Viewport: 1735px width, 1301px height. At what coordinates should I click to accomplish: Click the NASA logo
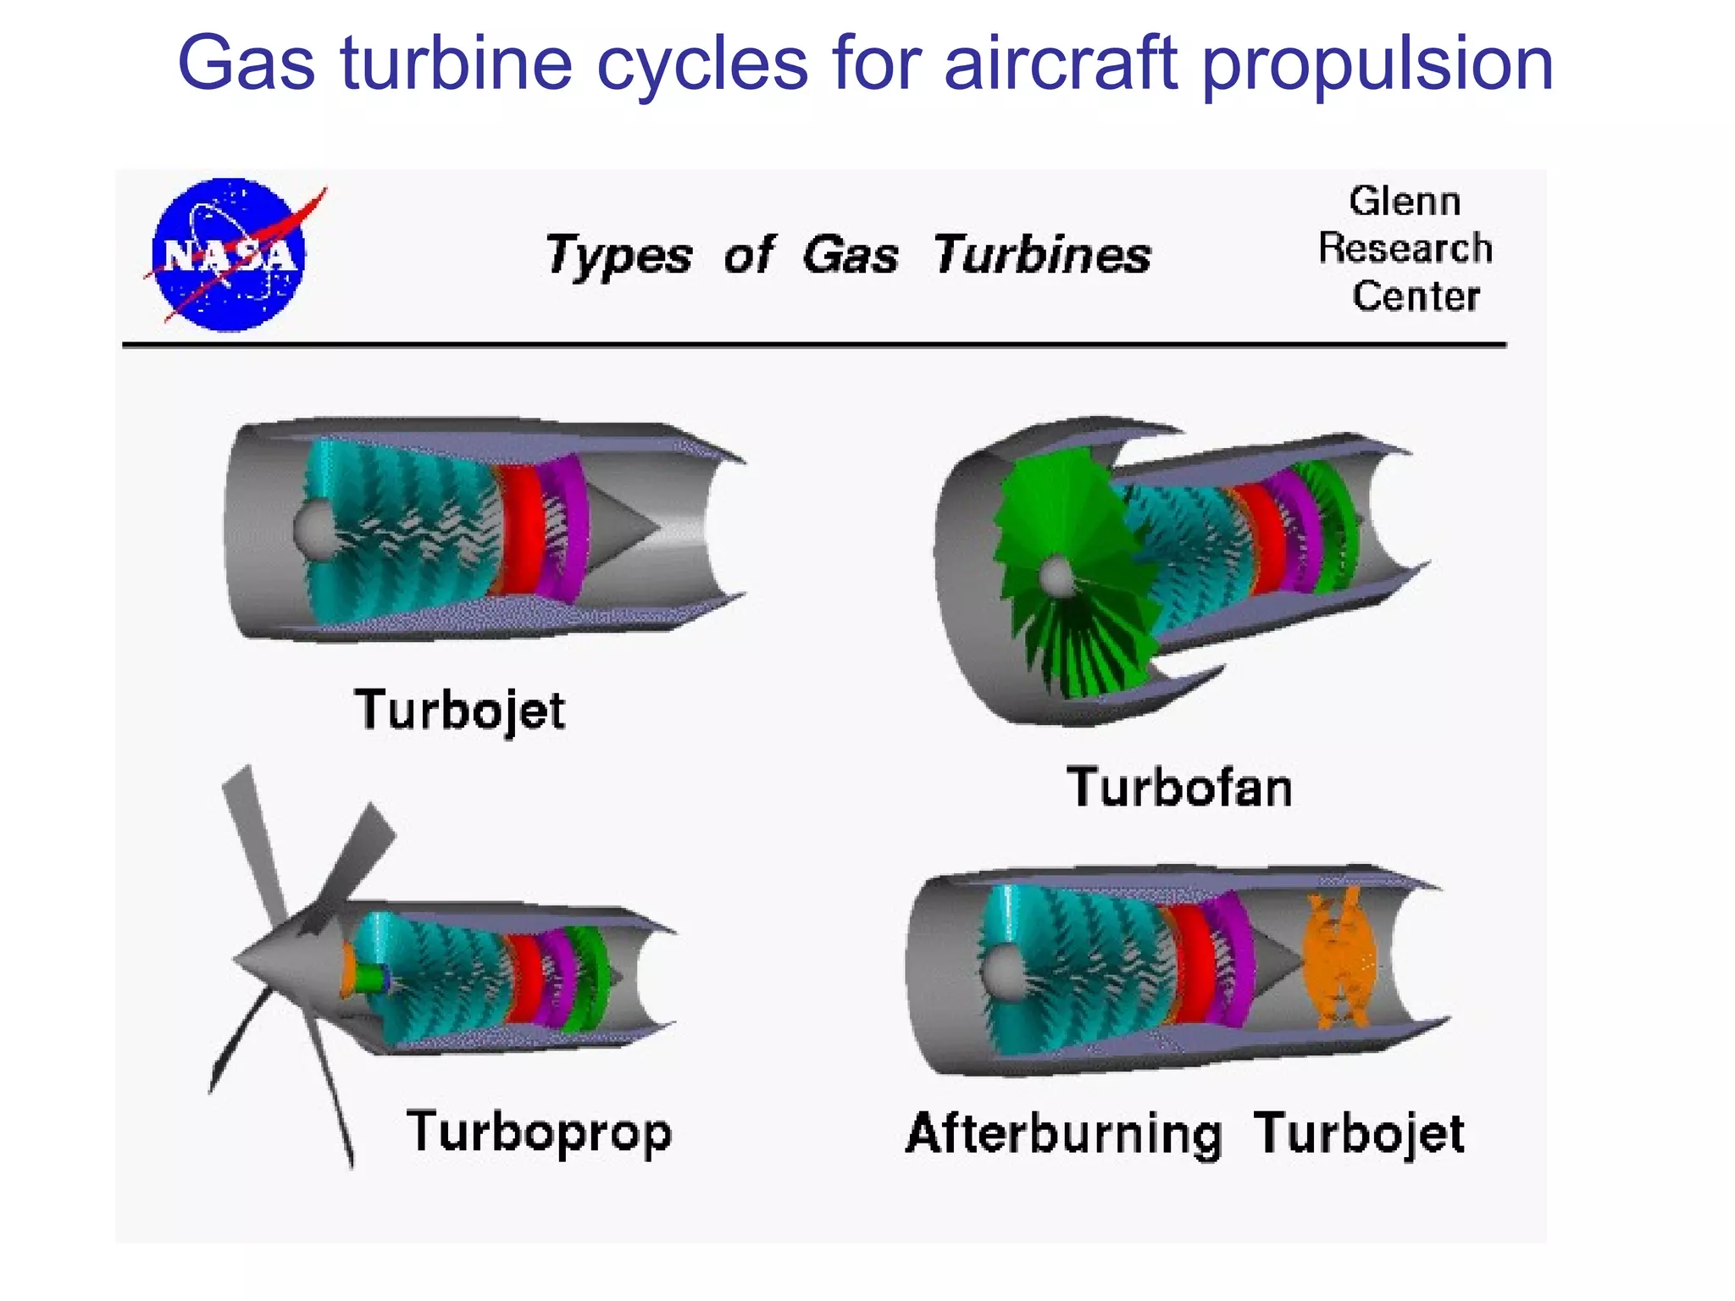tap(229, 254)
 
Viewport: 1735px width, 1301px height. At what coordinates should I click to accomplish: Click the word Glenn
tap(1405, 202)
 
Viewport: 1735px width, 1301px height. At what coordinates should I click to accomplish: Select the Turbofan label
tap(1178, 787)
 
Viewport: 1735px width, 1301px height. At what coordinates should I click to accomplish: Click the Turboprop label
tap(539, 1132)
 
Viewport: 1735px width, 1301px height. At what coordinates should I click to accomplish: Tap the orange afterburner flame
tap(1339, 957)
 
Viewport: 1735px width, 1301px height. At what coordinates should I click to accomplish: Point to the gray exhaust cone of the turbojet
tap(623, 527)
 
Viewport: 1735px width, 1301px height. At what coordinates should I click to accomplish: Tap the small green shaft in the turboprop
tap(370, 978)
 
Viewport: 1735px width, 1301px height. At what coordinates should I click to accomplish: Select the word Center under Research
tap(1415, 296)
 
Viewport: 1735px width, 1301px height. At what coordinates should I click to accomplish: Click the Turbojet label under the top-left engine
tap(460, 710)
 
